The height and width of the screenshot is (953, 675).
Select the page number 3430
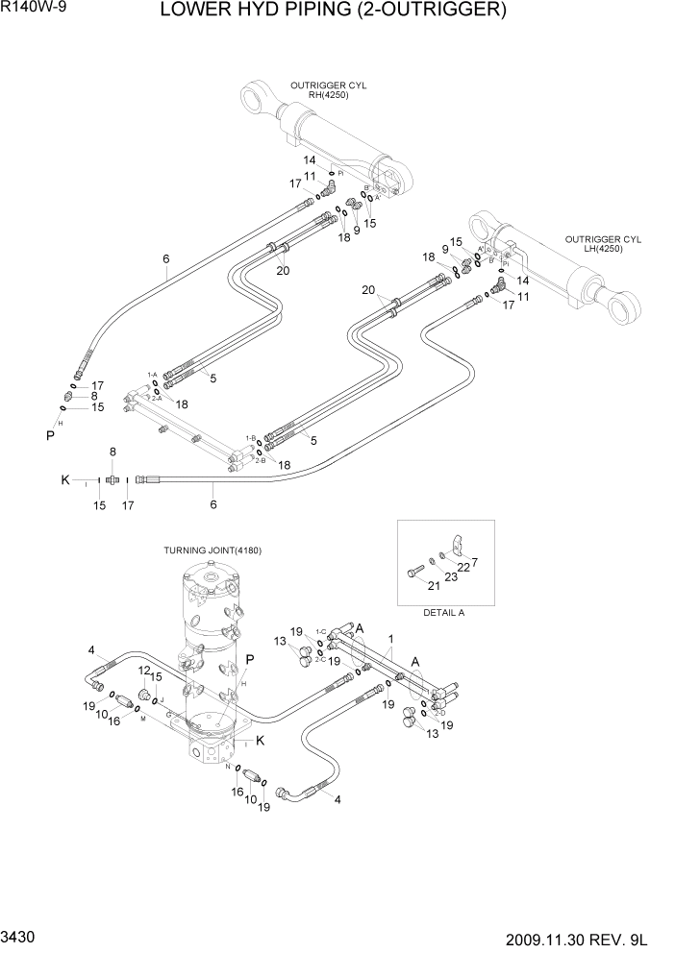point(20,937)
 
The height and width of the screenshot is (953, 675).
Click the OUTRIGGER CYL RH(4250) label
point(336,90)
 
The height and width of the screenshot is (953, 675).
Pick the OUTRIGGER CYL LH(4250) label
point(602,244)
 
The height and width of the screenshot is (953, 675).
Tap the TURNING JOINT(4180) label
point(212,550)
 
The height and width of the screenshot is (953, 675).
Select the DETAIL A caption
point(444,611)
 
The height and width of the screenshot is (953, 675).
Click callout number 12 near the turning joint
point(144,671)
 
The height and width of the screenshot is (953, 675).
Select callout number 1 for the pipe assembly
point(390,638)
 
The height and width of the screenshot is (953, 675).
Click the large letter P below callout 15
point(50,434)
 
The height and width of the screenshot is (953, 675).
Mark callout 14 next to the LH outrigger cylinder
point(523,281)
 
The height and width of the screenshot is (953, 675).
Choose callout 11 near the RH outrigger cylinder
point(310,177)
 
